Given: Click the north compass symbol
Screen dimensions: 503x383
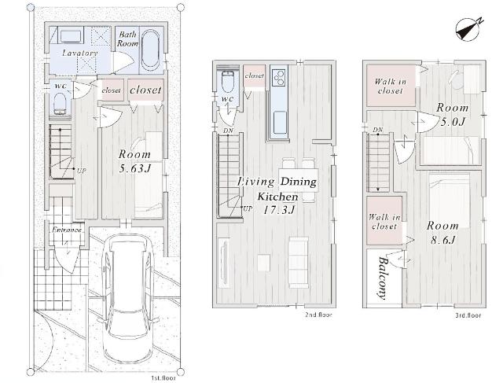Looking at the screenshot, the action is coord(468,29).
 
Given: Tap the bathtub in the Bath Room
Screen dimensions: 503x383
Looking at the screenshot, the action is coord(150,50).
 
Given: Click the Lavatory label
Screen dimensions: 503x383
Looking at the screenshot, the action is coord(80,53).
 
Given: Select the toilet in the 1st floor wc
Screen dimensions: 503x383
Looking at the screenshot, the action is coord(60,104).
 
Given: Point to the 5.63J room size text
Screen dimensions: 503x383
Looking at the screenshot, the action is coord(134,168).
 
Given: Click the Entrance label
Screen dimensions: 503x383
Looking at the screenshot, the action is coord(67,230).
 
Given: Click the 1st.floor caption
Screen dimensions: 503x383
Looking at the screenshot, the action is coord(163,378).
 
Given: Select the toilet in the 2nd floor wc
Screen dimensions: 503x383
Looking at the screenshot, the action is coord(228,81).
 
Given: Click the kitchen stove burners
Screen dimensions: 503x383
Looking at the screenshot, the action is coord(279,77).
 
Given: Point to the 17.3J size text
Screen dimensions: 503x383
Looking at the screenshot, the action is coord(278,210).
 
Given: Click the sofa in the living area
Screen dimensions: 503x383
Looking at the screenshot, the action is coord(299,262).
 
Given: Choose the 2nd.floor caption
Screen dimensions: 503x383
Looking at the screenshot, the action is coord(318,315).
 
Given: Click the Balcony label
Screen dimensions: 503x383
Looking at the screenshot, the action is coord(383,278).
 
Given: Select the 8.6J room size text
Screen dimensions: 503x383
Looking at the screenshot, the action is coord(442,240).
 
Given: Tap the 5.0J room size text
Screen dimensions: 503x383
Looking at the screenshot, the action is coord(453,122).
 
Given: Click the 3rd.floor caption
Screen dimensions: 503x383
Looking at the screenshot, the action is coord(468,315).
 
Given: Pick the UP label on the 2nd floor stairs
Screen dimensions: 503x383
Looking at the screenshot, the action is coord(248,208).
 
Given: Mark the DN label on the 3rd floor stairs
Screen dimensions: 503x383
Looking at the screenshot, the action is coord(378,130).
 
